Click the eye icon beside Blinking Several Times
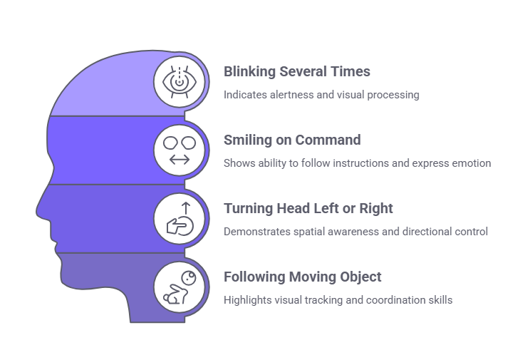(181, 81)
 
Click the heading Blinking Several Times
(297, 72)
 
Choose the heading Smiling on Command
(291, 140)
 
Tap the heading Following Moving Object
(303, 277)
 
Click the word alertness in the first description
(286, 95)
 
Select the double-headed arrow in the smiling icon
(181, 159)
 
